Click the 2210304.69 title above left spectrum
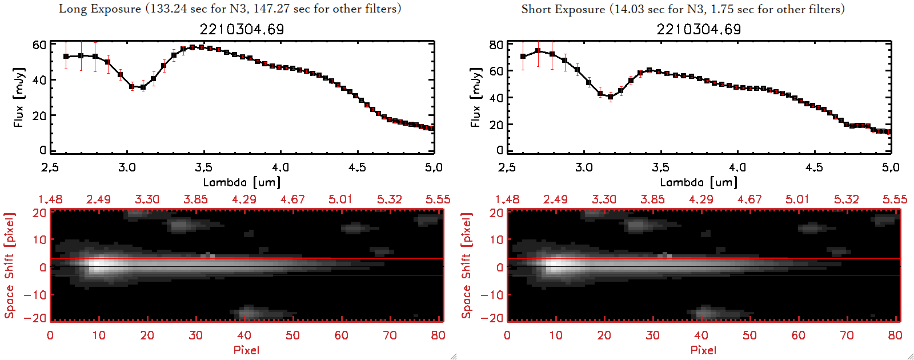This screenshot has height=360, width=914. pyautogui.click(x=242, y=29)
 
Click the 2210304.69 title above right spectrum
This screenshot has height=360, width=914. pyautogui.click(x=699, y=29)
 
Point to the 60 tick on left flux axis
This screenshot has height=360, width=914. pyautogui.click(x=39, y=45)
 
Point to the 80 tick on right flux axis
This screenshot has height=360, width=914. pyautogui.click(x=496, y=45)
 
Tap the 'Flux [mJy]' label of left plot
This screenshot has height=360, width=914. pyautogui.click(x=19, y=98)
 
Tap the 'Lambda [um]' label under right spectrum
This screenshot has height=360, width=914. pyautogui.click(x=699, y=182)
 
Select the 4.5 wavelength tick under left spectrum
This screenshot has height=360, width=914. pyautogui.click(x=357, y=167)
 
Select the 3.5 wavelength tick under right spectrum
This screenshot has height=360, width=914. pyautogui.click(x=660, y=167)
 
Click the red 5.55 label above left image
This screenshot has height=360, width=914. pyautogui.click(x=438, y=199)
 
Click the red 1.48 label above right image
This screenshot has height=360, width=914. pyautogui.click(x=507, y=199)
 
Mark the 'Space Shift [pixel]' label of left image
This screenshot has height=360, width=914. pyautogui.click(x=10, y=266)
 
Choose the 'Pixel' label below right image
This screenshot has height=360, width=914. pyautogui.click(x=703, y=350)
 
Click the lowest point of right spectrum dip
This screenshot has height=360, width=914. pyautogui.click(x=610, y=97)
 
